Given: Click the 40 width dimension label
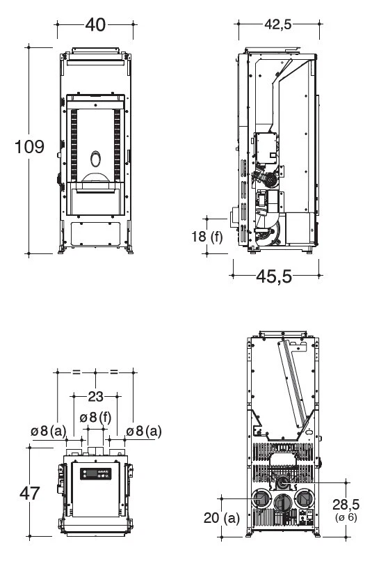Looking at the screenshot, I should click(x=95, y=25).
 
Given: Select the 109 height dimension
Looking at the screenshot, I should click(x=30, y=147).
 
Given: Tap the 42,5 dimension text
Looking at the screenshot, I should click(x=278, y=24).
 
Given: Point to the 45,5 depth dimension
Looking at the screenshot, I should click(x=274, y=276).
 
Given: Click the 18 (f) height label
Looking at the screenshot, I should click(x=207, y=237).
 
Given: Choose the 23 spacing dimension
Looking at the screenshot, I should click(x=95, y=397).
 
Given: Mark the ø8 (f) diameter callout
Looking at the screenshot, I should click(x=95, y=418).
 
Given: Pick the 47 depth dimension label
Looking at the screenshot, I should click(x=29, y=493).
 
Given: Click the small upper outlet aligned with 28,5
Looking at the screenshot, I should click(x=283, y=482).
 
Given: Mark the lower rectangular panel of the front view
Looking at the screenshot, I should click(x=95, y=232).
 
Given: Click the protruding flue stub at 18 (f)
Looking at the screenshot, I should click(x=236, y=217).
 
